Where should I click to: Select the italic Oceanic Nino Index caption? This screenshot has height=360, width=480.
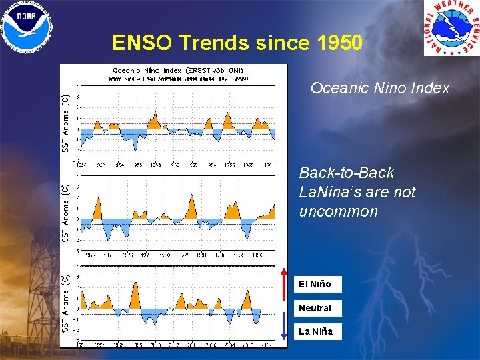(x=380, y=88)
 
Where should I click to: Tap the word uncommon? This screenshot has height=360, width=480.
(x=338, y=211)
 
